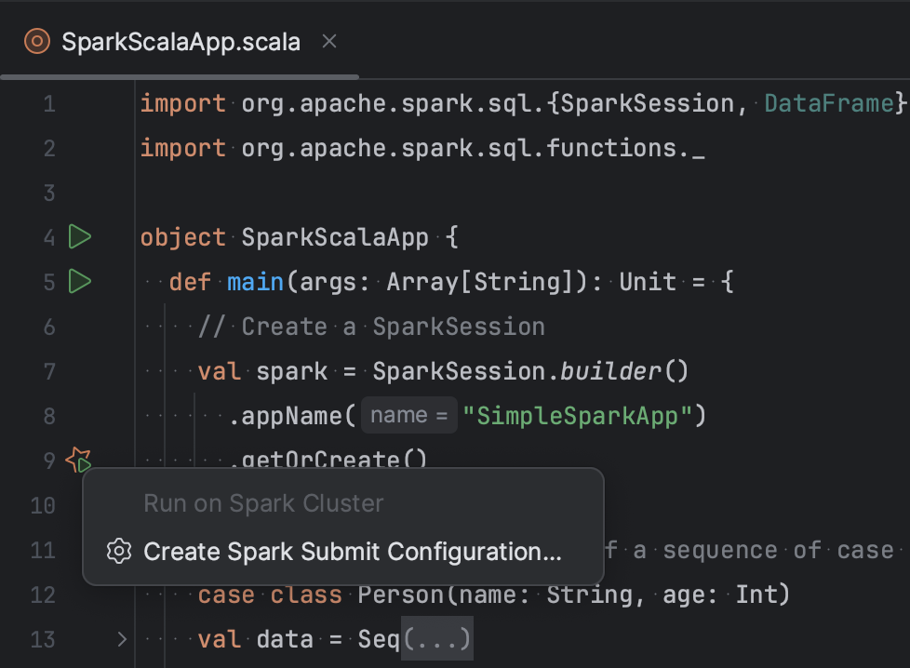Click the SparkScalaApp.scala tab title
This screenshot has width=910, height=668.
coord(181,42)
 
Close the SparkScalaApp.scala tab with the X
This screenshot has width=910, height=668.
coord(328,41)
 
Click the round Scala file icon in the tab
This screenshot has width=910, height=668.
coord(37,42)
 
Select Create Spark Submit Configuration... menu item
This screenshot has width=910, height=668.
coord(352,552)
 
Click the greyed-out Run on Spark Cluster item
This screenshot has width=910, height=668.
coord(263,503)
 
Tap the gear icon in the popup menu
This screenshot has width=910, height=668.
coord(118,552)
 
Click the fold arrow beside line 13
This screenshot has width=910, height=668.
coord(121,639)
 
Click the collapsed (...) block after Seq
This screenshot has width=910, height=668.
coord(436,639)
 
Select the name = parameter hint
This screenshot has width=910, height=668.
coord(409,416)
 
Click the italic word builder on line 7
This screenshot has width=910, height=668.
coord(610,371)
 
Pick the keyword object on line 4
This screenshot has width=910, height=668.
coord(182,237)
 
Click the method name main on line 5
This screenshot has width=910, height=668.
coord(255,282)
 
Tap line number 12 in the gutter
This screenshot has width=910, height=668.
coord(43,595)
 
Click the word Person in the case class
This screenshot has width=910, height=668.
coord(401,595)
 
